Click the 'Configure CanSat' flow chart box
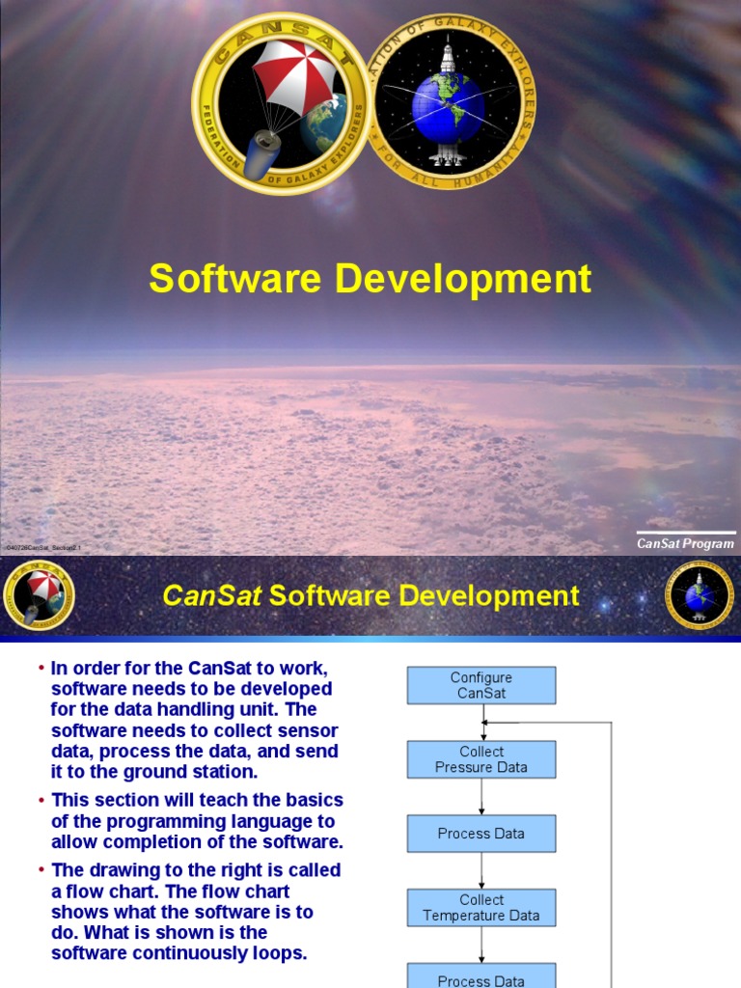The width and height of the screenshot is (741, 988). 481,685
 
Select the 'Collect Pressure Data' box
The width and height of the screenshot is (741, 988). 481,759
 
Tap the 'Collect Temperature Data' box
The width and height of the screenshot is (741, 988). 481,908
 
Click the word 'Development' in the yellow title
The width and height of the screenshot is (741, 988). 463,279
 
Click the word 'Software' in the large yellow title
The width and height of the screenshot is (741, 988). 234,279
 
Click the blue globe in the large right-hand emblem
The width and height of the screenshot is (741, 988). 447,106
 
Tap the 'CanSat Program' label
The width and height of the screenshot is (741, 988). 685,543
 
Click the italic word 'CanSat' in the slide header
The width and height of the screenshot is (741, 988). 212,596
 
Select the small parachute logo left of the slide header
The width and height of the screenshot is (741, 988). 39,596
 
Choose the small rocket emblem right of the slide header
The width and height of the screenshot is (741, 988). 700,596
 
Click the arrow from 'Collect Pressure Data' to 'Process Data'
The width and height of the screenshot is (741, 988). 481,796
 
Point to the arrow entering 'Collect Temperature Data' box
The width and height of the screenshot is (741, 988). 481,871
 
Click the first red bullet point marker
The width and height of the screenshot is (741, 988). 41,668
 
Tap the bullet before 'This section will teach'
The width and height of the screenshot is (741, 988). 41,800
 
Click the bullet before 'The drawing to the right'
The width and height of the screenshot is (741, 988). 41,869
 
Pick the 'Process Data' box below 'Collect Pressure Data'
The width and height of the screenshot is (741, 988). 481,834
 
